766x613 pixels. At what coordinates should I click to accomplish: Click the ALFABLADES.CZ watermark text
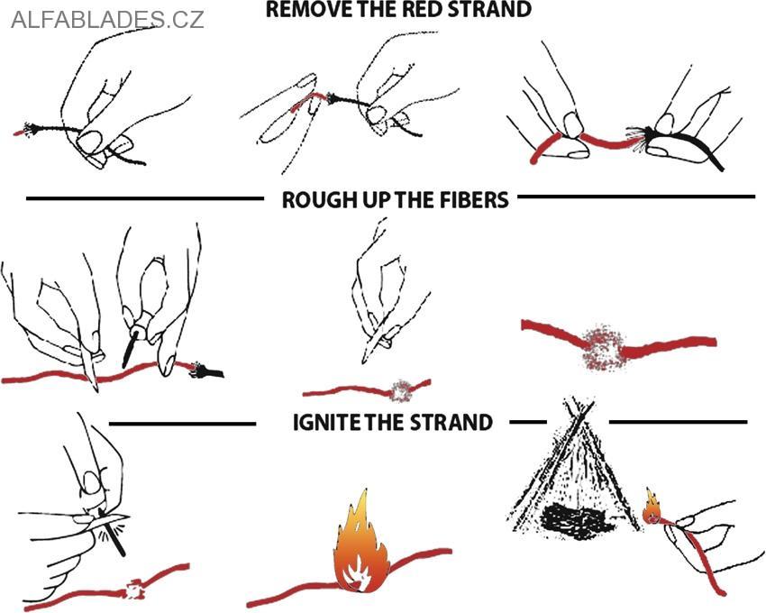click(x=107, y=19)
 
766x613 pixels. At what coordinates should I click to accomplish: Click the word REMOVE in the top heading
click(x=302, y=10)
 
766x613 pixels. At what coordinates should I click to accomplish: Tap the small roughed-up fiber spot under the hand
click(x=400, y=390)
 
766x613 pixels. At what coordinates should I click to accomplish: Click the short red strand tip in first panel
click(x=19, y=133)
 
